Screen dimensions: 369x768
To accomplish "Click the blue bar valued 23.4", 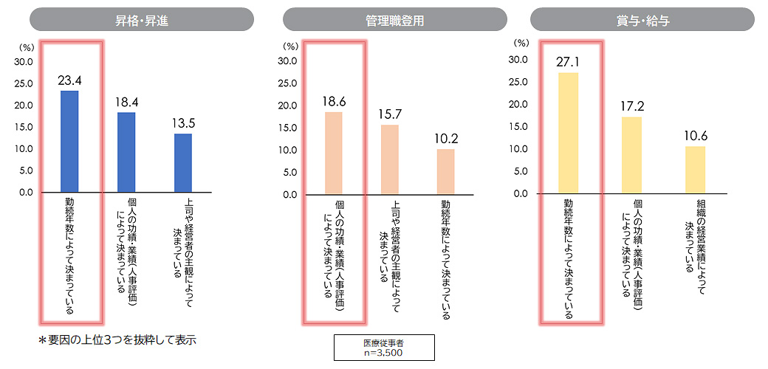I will click(x=69, y=141).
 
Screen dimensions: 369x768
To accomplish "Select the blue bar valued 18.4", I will click(x=126, y=152).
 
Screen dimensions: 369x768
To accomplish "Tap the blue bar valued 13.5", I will click(x=183, y=162).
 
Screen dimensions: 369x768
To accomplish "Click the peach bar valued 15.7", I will click(x=390, y=159).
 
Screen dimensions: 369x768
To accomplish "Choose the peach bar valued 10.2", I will click(x=446, y=171).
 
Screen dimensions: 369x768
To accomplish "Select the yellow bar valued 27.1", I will click(x=569, y=133).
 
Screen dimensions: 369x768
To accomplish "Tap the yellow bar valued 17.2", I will click(x=631, y=155).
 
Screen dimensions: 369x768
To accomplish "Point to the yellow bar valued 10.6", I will click(x=695, y=170).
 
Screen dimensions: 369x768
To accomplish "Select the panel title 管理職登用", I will click(x=394, y=21).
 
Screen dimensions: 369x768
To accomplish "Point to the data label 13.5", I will click(x=183, y=123).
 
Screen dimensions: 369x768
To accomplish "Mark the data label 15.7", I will click(x=390, y=114).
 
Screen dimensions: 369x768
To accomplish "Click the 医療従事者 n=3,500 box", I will click(x=384, y=348).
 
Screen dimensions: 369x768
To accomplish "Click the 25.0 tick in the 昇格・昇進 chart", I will click(x=24, y=83).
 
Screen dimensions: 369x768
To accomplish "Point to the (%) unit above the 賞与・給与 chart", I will click(x=523, y=43).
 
